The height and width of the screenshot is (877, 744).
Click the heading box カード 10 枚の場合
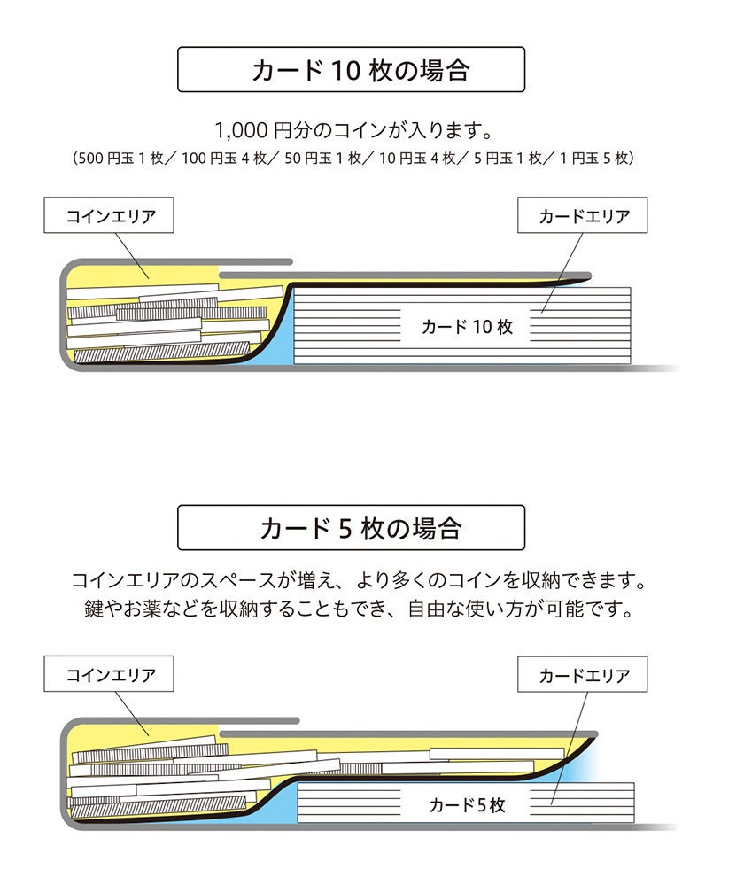click(x=351, y=70)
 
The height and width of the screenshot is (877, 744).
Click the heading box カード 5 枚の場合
click(x=351, y=528)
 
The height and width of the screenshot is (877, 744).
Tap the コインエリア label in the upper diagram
click(x=110, y=216)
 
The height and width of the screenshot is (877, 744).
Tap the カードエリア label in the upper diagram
click(x=583, y=216)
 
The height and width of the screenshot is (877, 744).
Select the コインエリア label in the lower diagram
click(x=110, y=675)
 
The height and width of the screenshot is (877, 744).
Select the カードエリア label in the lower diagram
click(x=583, y=675)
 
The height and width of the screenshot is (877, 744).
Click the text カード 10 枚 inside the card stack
click(x=467, y=327)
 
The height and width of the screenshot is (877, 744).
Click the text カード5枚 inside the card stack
click(x=467, y=804)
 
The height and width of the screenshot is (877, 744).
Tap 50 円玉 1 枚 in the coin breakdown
click(x=324, y=159)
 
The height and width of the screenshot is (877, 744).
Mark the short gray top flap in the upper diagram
click(x=255, y=262)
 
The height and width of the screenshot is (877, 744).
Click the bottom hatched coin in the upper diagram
click(x=159, y=353)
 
